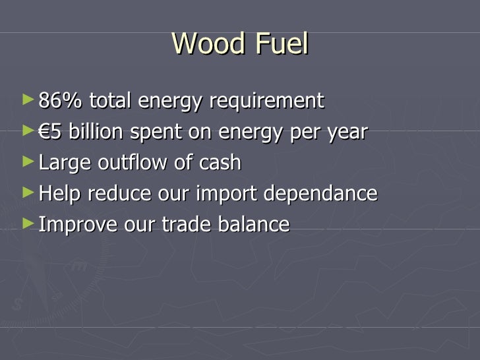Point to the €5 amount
click(51, 132)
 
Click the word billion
click(96, 132)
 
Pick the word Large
click(61, 164)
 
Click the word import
click(228, 195)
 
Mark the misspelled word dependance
click(320, 195)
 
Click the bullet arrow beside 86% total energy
click(26, 100)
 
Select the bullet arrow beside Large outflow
click(26, 162)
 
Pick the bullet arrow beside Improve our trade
click(26, 224)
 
